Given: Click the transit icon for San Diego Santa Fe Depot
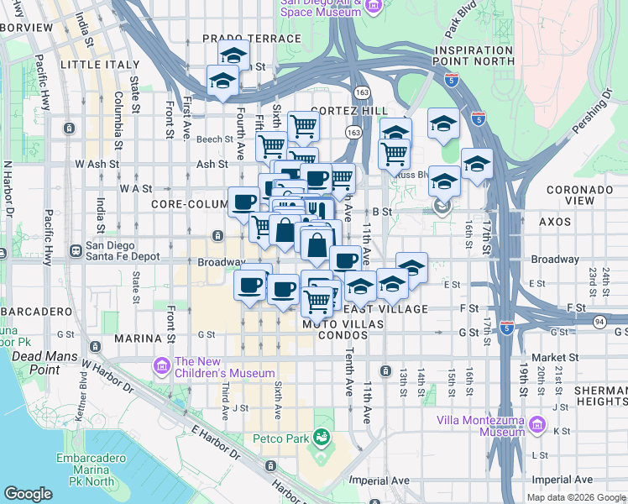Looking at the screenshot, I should [x=76, y=249].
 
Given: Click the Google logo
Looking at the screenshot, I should [x=28, y=493].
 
